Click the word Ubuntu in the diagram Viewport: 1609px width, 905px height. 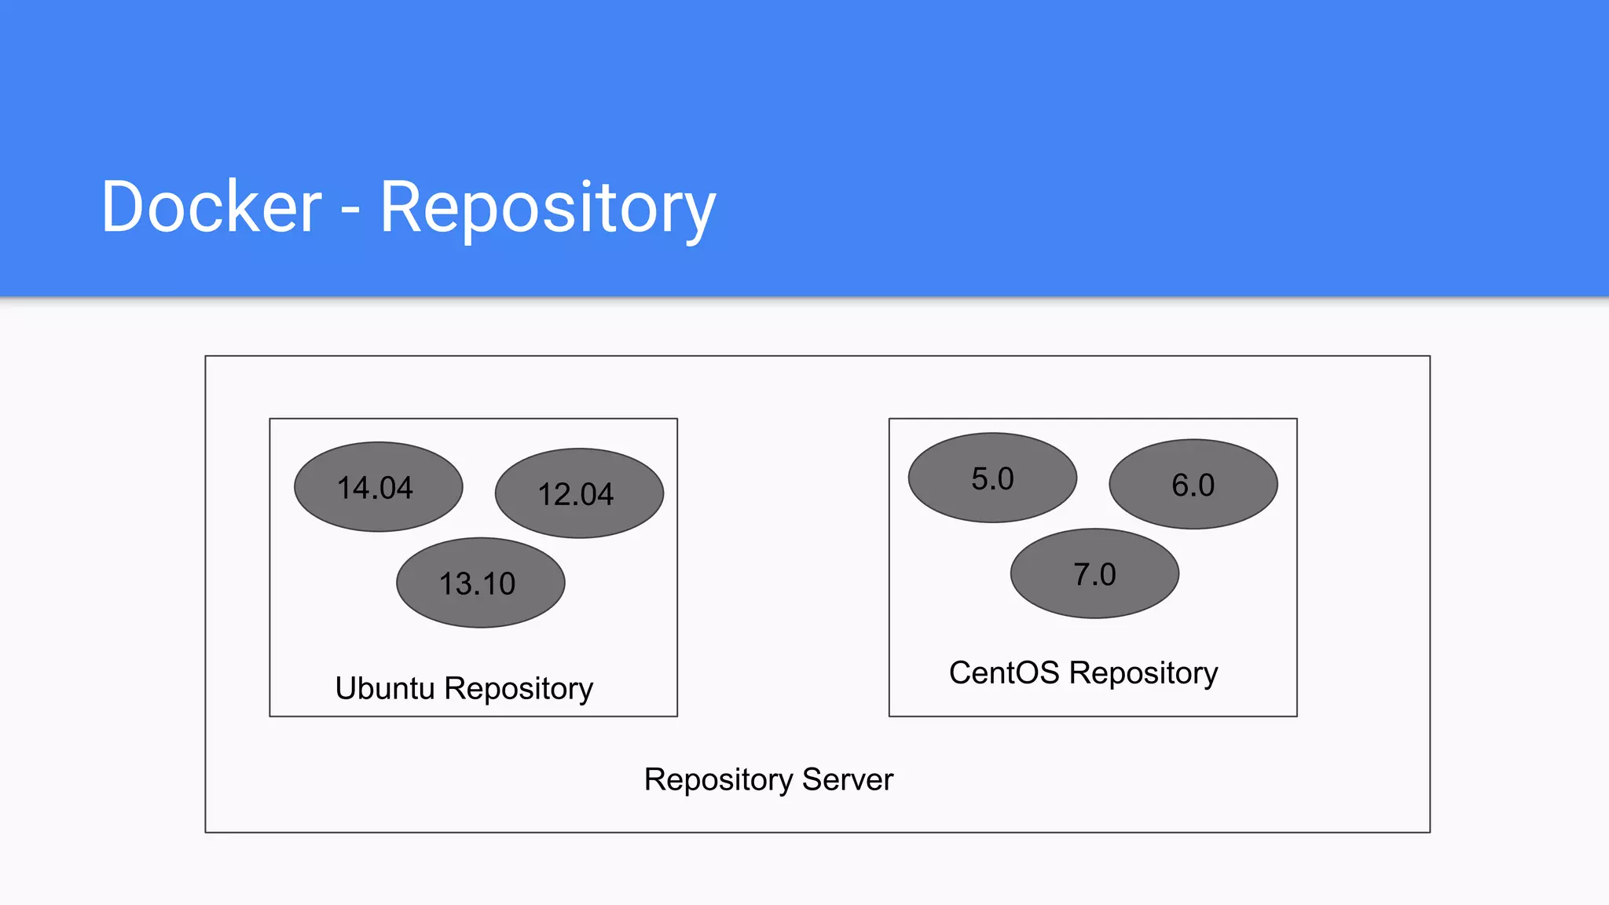click(x=384, y=688)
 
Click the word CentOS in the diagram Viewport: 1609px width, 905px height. click(x=1004, y=673)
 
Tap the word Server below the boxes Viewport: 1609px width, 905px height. click(x=848, y=780)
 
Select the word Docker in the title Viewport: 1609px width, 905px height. click(x=211, y=207)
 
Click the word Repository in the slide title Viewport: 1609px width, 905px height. click(x=548, y=208)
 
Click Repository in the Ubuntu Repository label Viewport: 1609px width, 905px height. click(x=519, y=690)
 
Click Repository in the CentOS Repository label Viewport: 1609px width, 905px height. click(x=1143, y=674)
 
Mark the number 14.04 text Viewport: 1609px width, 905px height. click(x=375, y=488)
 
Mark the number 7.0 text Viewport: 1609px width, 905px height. click(x=1094, y=575)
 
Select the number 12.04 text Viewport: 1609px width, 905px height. click(x=575, y=495)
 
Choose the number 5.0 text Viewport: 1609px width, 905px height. click(x=992, y=479)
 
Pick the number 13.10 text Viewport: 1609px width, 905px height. click(x=477, y=584)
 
